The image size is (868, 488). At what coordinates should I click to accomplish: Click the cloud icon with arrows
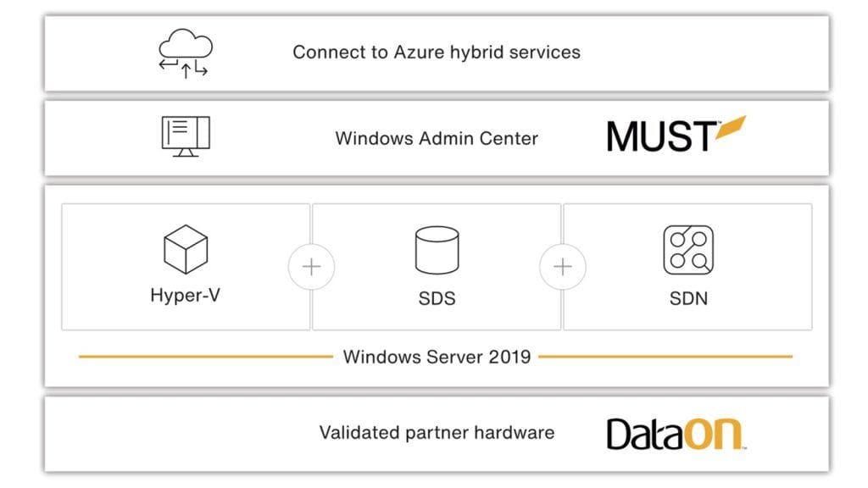coord(184,53)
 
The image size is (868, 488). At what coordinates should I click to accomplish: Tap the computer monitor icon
coord(185,137)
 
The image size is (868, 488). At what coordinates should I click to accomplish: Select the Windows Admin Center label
coord(437,138)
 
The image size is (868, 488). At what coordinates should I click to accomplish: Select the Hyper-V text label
coord(185,296)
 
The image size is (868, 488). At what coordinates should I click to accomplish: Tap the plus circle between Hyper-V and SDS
coord(311,267)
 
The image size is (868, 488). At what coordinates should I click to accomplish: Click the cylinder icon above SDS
coord(437,250)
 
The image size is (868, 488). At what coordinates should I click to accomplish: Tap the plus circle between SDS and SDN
coord(563,267)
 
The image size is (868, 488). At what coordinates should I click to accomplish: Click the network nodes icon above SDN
coord(687,250)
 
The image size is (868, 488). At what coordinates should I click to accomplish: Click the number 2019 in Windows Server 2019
coord(509,357)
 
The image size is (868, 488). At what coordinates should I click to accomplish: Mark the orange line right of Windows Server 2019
coord(665,357)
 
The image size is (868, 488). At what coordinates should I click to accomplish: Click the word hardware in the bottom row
coord(514,433)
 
